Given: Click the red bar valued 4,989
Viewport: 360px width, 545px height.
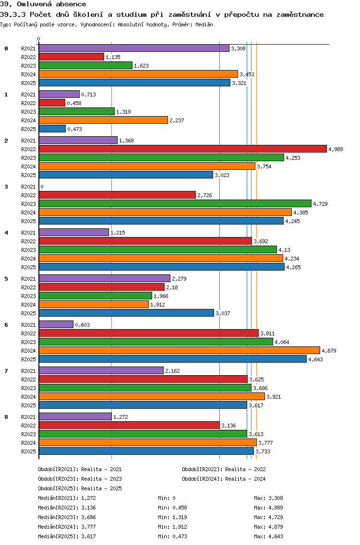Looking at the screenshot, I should click(x=182, y=149).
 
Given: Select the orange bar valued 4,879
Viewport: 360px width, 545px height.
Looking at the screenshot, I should click(x=179, y=351).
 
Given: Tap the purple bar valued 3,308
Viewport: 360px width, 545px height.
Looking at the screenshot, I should click(x=134, y=48).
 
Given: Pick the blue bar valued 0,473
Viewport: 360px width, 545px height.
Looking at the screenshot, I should click(x=52, y=129).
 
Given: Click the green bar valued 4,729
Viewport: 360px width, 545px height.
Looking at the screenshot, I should click(x=175, y=204).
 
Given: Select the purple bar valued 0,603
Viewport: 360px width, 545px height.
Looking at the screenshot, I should click(x=56, y=325).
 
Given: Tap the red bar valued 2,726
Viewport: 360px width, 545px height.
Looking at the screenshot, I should click(x=117, y=195).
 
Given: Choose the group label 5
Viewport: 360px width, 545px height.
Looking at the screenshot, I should click(x=6, y=279).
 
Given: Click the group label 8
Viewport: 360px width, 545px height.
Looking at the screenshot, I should click(x=6, y=417).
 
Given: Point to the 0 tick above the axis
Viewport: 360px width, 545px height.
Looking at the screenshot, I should click(x=39, y=39).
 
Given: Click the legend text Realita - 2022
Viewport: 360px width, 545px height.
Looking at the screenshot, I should click(x=245, y=469).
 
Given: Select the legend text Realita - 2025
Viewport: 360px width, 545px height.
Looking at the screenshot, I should click(x=101, y=488).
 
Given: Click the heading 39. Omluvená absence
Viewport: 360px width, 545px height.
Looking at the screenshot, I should click(x=43, y=4).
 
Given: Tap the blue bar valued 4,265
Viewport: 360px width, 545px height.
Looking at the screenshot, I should click(x=161, y=267).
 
